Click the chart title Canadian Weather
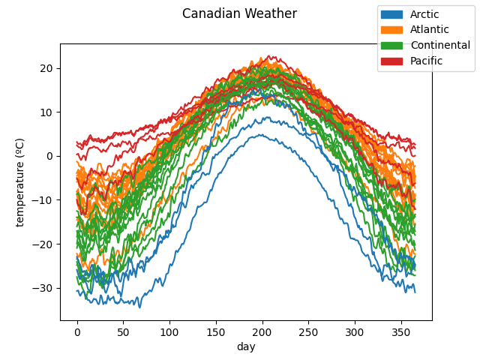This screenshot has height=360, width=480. click(x=239, y=13)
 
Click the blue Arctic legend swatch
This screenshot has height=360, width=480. click(x=391, y=14)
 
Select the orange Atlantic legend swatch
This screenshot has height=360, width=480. click(x=391, y=30)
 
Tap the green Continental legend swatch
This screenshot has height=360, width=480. click(x=391, y=45)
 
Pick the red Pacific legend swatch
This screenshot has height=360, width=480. click(x=391, y=61)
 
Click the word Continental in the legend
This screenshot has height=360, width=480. click(x=440, y=45)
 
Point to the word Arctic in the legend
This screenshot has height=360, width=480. click(x=424, y=14)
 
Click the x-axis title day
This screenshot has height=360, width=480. click(x=246, y=346)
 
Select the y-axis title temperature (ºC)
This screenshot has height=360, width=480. click(x=20, y=181)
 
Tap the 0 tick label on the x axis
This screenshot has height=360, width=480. click(x=77, y=331)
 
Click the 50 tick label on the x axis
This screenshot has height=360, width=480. click(x=124, y=331)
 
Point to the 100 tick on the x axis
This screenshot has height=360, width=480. click(x=169, y=331)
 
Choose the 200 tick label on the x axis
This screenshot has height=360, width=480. click(x=262, y=331)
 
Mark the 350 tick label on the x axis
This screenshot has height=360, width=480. click(x=400, y=331)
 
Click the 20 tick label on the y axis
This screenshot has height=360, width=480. click(x=46, y=68)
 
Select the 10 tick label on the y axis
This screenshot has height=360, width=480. click(x=46, y=112)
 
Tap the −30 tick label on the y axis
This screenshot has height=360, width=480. click(x=43, y=288)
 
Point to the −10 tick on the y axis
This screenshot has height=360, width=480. click(x=43, y=200)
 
